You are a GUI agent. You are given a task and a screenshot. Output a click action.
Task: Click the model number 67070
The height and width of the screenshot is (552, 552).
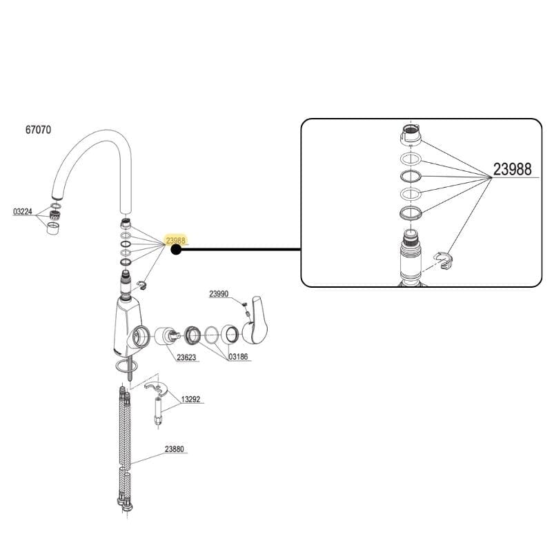(38, 129)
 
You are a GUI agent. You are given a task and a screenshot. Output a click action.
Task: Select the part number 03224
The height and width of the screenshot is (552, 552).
(23, 212)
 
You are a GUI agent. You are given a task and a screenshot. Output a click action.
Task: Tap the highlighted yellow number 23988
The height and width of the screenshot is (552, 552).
(175, 241)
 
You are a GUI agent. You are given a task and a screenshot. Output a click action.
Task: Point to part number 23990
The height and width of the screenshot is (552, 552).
(219, 293)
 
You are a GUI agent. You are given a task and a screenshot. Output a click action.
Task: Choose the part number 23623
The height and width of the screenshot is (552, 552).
(186, 357)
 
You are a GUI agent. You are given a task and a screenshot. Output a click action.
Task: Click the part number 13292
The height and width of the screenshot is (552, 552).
(190, 399)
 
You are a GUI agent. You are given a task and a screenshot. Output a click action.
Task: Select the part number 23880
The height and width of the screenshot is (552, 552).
(174, 449)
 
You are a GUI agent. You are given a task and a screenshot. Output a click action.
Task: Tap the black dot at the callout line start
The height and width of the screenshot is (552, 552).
(176, 250)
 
